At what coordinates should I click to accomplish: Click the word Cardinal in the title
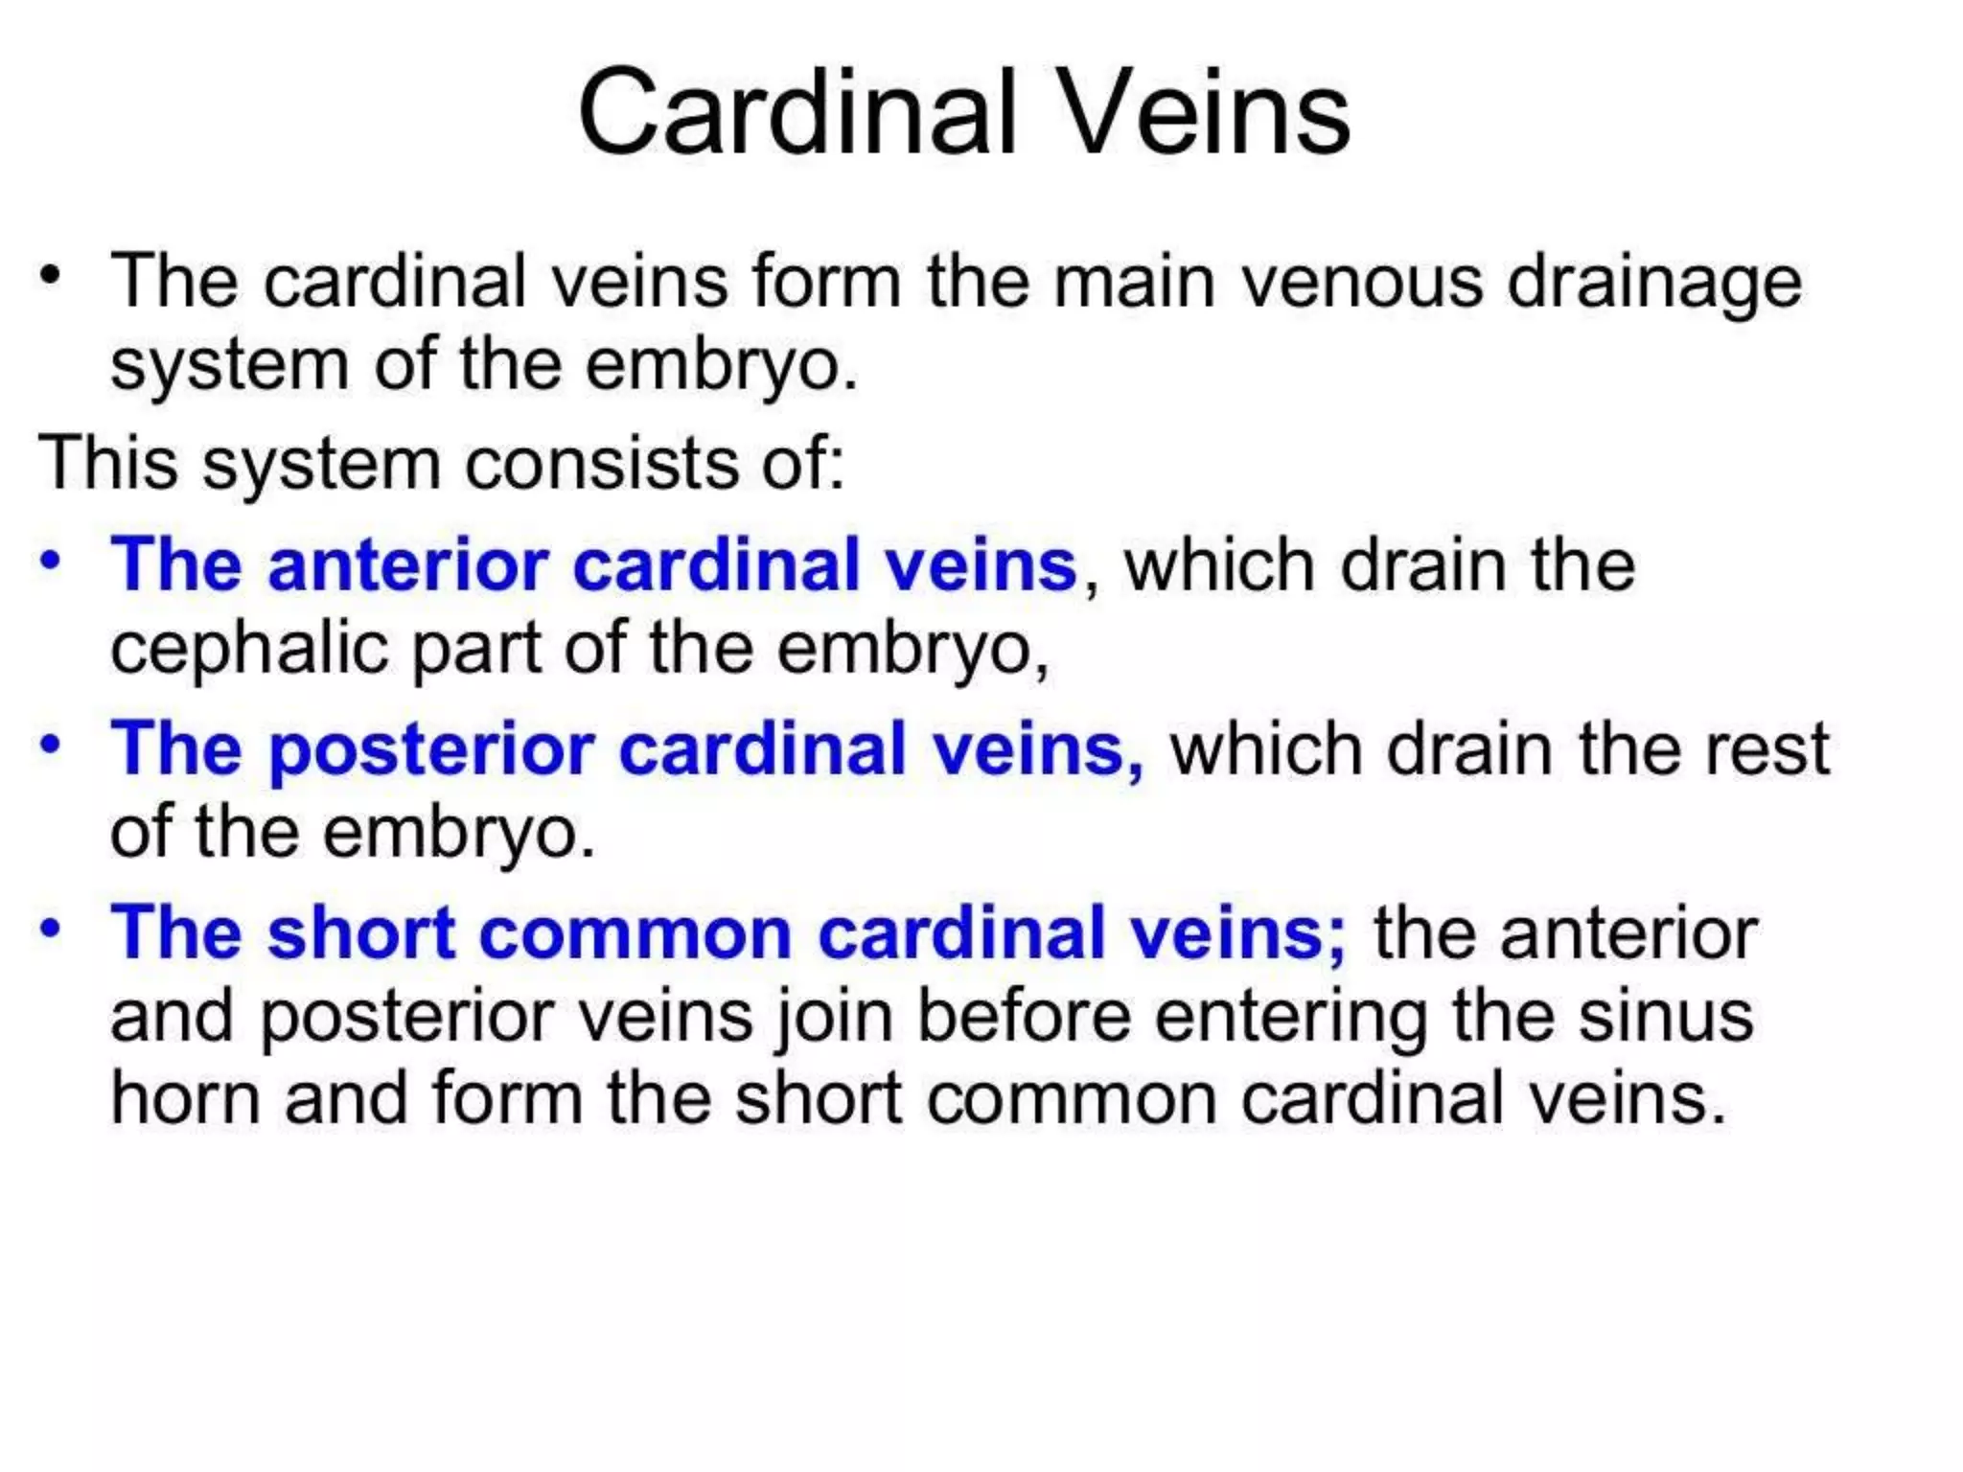tap(797, 113)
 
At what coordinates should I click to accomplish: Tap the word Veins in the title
tap(1206, 113)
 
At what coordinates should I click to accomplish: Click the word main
tap(1134, 283)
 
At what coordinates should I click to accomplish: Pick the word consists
tap(601, 465)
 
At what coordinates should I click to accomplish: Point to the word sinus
tap(1667, 1016)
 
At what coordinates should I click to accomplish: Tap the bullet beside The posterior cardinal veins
tap(51, 745)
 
